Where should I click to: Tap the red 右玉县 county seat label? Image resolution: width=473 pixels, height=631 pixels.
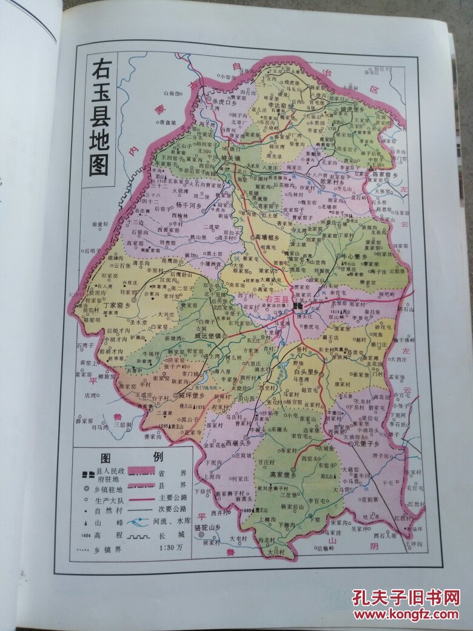280,299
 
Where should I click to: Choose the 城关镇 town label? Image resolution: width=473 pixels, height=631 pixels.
231,159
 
